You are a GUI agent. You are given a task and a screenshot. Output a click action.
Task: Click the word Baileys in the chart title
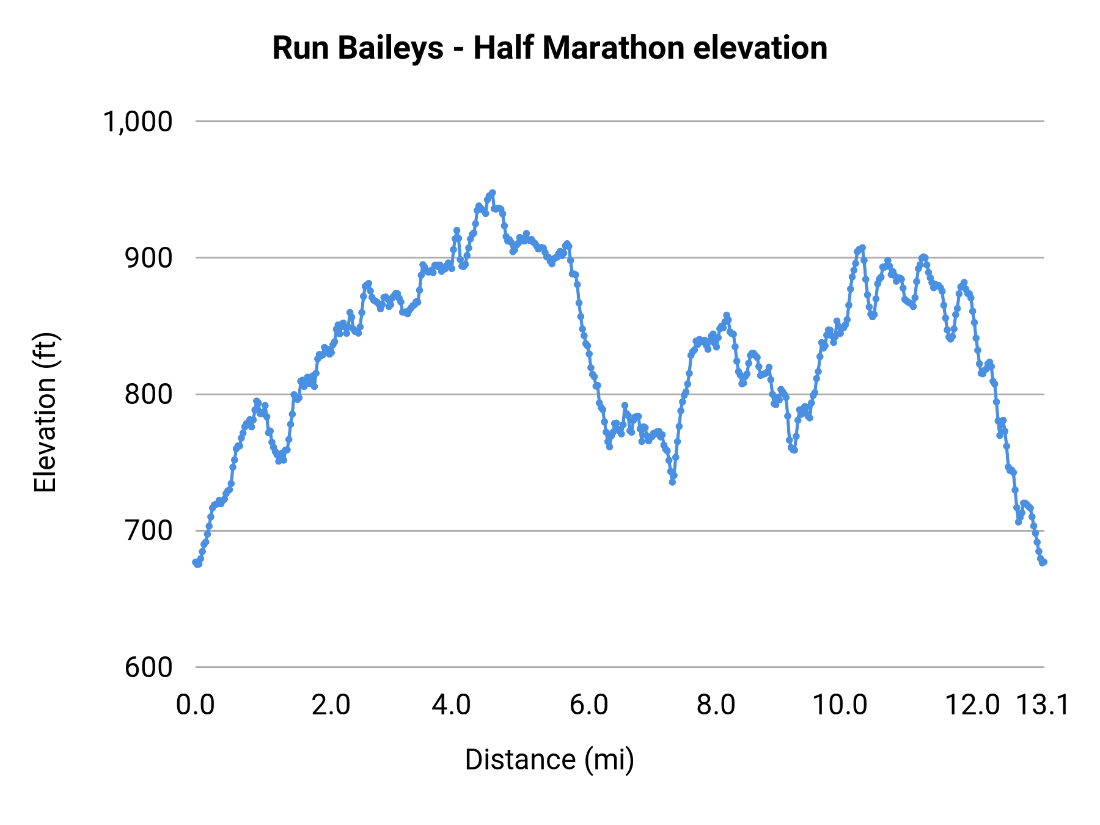391,49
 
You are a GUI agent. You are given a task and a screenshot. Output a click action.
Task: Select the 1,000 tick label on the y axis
137,122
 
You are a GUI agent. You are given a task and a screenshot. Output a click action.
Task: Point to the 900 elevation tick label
148,258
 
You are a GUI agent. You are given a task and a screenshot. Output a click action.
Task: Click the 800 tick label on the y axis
148,394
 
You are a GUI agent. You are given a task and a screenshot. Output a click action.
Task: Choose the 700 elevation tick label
148,530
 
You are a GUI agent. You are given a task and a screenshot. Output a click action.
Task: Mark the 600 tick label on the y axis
148,667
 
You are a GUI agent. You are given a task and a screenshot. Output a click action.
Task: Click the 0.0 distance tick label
196,705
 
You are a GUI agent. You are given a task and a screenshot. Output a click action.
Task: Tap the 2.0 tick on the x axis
331,705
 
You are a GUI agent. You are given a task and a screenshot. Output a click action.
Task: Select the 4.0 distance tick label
451,705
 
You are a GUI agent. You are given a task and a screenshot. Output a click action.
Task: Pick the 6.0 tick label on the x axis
588,705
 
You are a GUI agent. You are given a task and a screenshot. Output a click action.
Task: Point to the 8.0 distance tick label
716,705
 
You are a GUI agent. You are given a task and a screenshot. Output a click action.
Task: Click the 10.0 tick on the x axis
840,705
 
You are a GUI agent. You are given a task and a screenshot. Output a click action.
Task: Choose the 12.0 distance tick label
972,705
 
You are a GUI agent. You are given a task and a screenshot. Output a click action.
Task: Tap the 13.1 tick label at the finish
1043,705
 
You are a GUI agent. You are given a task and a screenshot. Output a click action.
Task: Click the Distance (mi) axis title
549,760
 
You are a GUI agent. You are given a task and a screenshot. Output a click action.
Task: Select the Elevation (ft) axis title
45,413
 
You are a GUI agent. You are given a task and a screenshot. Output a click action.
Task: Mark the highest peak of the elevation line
492,193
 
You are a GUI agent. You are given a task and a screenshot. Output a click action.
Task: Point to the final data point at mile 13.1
1044,562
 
